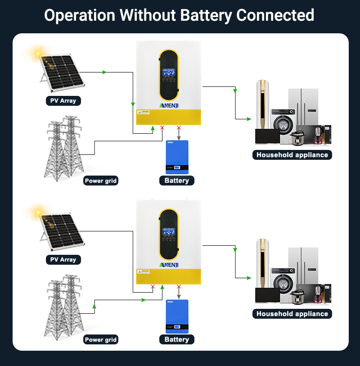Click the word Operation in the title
79,15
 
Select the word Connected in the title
275,15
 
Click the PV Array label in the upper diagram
63,100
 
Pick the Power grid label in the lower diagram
101,340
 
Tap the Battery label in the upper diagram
177,181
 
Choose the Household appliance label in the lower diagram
292,314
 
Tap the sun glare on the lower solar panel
38,211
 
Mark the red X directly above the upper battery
179,127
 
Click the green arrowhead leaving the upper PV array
104,72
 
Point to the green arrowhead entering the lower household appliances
248,278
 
